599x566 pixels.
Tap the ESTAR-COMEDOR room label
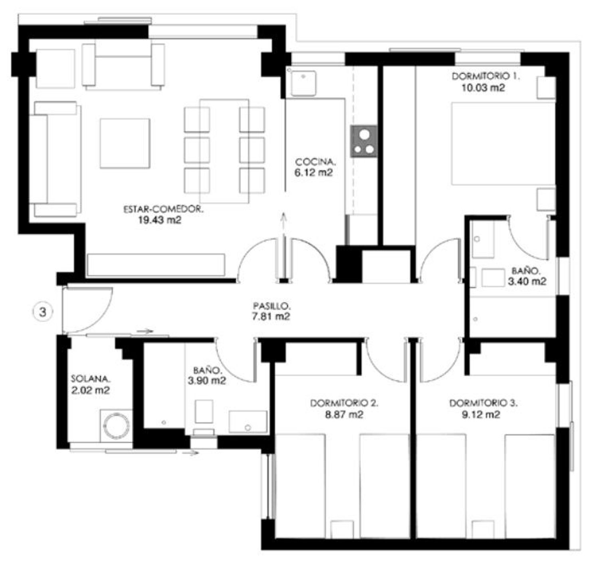click(163, 209)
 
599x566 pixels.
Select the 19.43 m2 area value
click(160, 220)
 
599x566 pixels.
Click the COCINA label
click(315, 162)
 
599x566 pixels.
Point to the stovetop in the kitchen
click(364, 141)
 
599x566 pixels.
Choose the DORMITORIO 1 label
click(486, 76)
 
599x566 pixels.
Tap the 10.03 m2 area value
click(483, 88)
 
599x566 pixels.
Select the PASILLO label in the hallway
click(272, 306)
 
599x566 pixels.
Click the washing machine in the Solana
click(116, 426)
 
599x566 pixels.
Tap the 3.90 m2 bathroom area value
click(207, 381)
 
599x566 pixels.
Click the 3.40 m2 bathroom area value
click(527, 282)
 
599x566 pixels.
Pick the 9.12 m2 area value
click(481, 415)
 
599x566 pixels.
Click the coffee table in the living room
click(125, 143)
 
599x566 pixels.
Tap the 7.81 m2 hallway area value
click(271, 316)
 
